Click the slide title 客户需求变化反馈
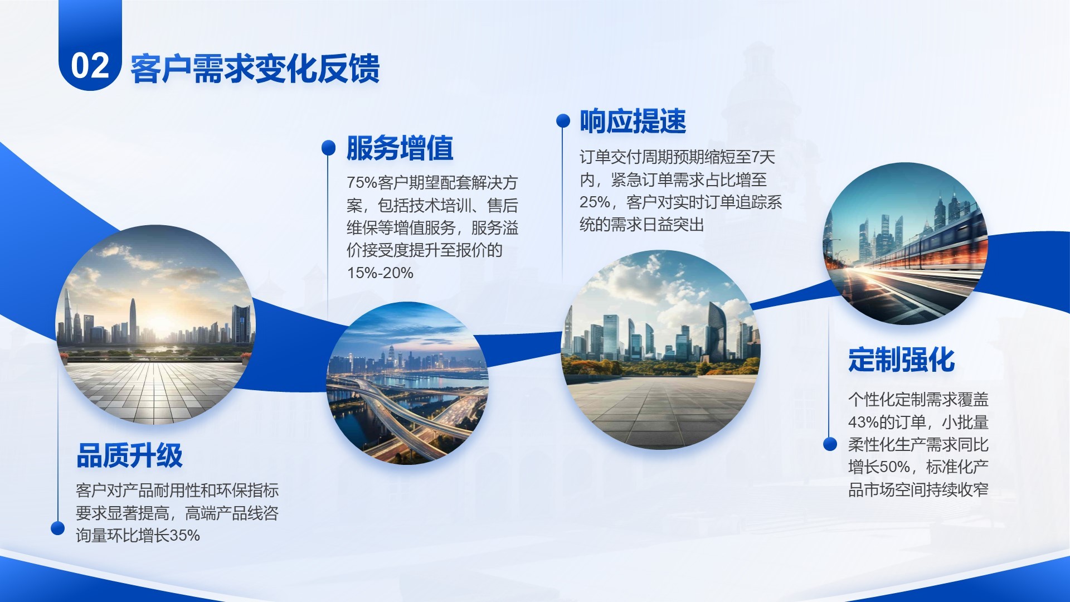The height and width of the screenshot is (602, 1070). (255, 69)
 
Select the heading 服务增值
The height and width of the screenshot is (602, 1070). (400, 148)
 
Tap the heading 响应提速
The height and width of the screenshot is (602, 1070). (633, 121)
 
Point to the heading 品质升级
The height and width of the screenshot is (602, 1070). (129, 455)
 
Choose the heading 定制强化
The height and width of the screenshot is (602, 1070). (901, 360)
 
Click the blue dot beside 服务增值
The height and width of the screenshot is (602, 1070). (329, 147)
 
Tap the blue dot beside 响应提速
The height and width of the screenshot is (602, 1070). (563, 120)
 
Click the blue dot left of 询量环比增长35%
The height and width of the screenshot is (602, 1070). (57, 528)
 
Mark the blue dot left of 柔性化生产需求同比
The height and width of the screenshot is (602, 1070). (830, 444)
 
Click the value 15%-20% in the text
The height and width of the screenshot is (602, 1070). (380, 273)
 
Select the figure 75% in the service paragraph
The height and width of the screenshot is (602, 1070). (362, 183)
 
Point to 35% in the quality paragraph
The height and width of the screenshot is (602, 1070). (184, 536)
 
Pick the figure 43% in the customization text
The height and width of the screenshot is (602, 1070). (863, 422)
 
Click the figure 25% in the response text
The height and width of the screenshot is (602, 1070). (595, 202)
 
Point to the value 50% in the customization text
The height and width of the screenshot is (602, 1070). (895, 467)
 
